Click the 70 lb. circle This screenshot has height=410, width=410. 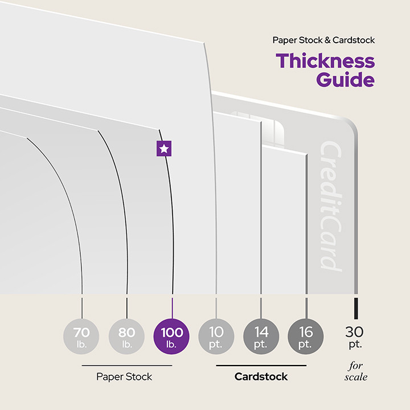pyautogui.click(x=83, y=337)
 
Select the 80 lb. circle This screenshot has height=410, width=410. pyautogui.click(x=127, y=337)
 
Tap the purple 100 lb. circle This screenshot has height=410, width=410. pyautogui.click(x=171, y=337)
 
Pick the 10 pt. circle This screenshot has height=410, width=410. pyautogui.click(x=216, y=337)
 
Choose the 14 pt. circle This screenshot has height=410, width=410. pyautogui.click(x=261, y=337)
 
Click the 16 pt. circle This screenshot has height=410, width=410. pyautogui.click(x=306, y=337)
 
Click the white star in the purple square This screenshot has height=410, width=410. pyautogui.click(x=164, y=149)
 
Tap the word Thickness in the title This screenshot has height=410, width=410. pyautogui.click(x=325, y=60)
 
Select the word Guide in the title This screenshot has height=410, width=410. pyautogui.click(x=346, y=79)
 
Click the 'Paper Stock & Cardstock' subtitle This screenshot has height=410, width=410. pyautogui.click(x=323, y=40)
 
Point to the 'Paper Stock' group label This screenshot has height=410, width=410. pyautogui.click(x=125, y=376)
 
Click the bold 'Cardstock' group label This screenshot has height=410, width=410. pyautogui.click(x=261, y=376)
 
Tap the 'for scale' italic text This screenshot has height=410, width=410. pyautogui.click(x=356, y=371)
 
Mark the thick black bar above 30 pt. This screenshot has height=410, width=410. pyautogui.click(x=356, y=307)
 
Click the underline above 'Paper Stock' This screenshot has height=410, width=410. pyautogui.click(x=126, y=366)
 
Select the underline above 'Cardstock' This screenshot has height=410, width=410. pyautogui.click(x=261, y=366)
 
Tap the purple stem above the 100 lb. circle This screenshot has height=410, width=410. pyautogui.click(x=171, y=306)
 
